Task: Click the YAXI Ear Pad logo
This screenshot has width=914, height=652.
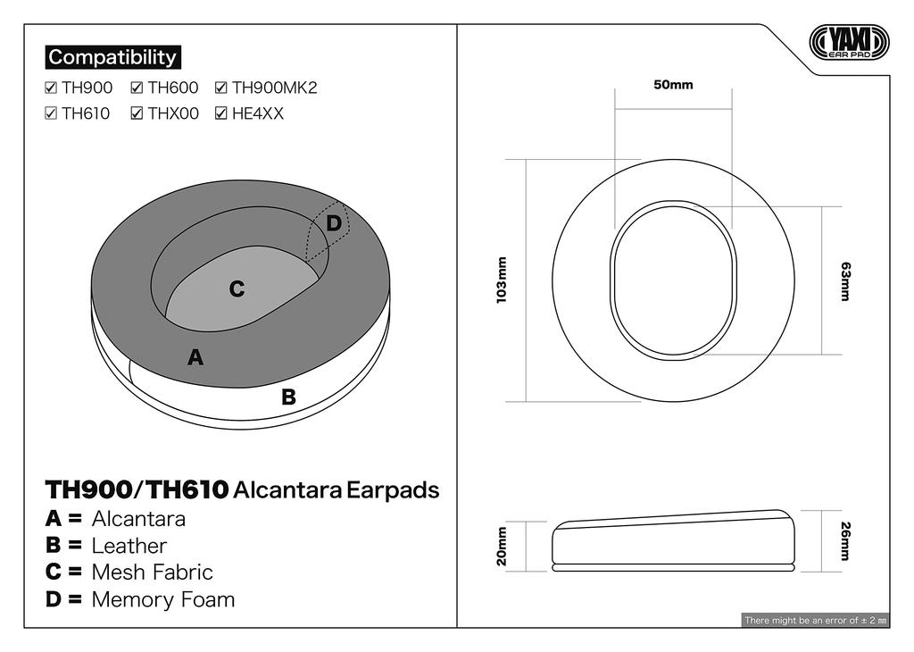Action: tap(849, 42)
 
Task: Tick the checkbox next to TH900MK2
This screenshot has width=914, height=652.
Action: tap(220, 88)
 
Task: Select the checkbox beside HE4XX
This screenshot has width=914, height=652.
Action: tap(220, 113)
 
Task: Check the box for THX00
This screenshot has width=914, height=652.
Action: tap(137, 113)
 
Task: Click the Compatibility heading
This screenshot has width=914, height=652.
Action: tap(112, 57)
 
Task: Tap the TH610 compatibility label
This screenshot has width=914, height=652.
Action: tap(86, 113)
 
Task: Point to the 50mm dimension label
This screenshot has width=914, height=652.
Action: tap(673, 85)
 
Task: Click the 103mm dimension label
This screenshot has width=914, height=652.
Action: tap(502, 280)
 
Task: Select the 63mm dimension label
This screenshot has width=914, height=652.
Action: tap(844, 280)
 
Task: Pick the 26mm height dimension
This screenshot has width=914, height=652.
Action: tap(844, 541)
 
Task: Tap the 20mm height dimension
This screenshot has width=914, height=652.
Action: tap(502, 546)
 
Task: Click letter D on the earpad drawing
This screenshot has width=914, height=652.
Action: tap(333, 223)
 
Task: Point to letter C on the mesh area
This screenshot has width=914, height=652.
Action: tap(237, 289)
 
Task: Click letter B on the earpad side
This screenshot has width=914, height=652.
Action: tap(288, 397)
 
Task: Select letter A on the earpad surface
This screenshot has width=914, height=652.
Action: tap(195, 358)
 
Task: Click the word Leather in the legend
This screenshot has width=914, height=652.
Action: tap(129, 546)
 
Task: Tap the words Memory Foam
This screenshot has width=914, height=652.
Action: tap(163, 599)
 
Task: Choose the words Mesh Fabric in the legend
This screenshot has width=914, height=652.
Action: tap(153, 573)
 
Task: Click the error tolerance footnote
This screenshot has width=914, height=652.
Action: tap(815, 620)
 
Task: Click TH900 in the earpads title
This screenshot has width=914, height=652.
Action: tap(87, 490)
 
